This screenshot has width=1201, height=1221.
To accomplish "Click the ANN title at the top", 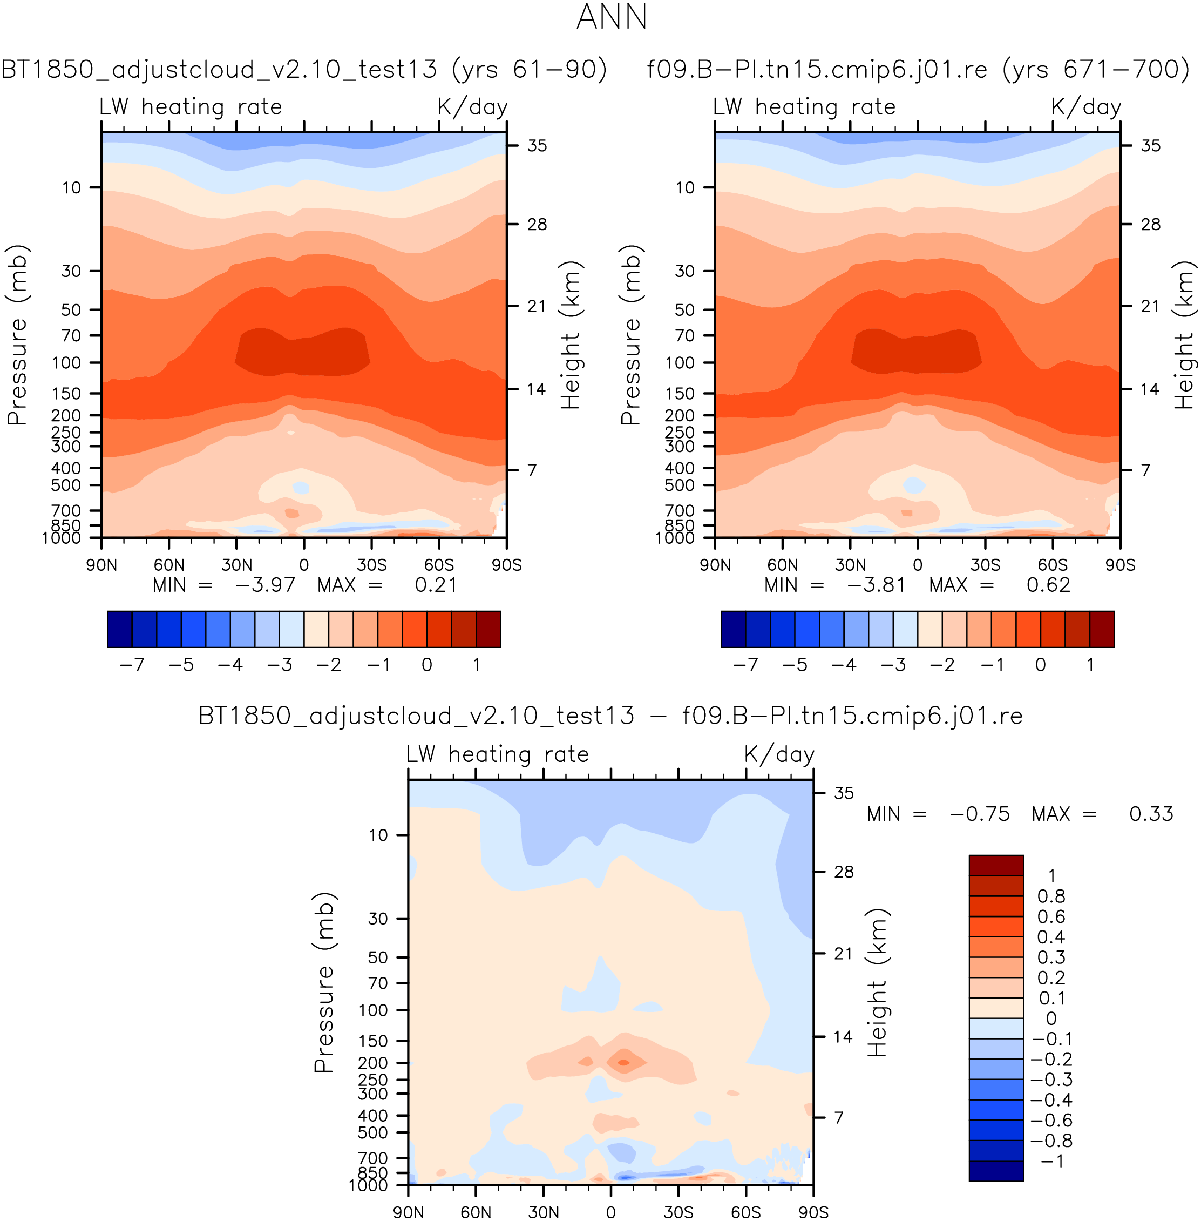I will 611,17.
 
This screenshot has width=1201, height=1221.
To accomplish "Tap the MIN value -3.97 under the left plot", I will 264,585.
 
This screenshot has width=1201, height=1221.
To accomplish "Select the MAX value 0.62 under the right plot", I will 1048,585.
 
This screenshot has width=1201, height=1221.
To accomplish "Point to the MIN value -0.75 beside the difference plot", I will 980,814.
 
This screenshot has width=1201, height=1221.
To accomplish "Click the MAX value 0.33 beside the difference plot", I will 1151,814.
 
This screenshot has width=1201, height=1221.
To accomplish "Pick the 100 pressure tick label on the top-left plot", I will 71,363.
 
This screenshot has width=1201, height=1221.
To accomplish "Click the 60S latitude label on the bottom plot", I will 745,1212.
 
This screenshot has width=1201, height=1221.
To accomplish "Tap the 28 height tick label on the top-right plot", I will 1151,225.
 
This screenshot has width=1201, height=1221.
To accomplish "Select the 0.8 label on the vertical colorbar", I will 1051,896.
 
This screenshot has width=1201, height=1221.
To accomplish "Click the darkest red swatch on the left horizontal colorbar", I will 488,629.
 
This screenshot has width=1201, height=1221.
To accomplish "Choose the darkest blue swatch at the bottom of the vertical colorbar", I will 996,1171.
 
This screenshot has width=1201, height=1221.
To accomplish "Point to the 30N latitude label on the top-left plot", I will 236,565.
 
